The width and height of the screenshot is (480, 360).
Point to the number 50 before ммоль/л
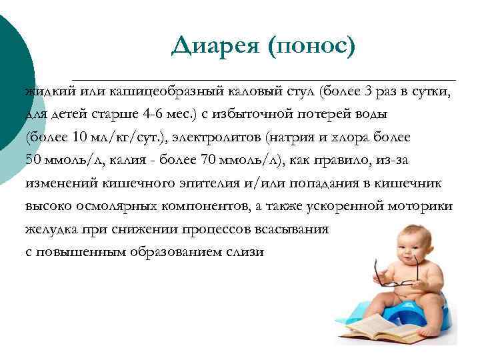point(33,160)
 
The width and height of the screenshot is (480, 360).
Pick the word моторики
point(423,206)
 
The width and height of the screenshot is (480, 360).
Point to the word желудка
point(51,229)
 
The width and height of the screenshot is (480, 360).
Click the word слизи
point(246,252)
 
